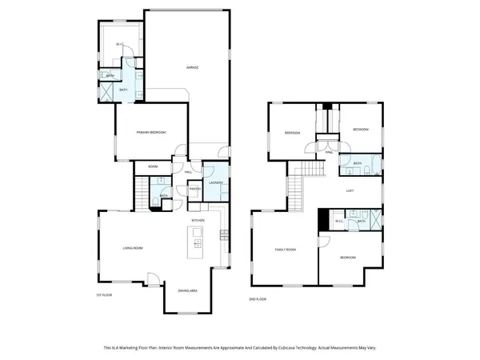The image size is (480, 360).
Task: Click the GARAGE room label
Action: pos(192,67)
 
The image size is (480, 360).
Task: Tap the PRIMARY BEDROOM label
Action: pos(150,132)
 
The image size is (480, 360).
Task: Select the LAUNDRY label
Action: pos(215,182)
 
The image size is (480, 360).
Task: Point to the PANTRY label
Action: pos(194,189)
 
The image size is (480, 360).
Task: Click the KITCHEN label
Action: pos(198,219)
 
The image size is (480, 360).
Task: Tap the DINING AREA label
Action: pos(189,290)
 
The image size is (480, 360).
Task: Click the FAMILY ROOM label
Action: pos(286,250)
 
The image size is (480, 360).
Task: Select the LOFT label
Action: pos(350,190)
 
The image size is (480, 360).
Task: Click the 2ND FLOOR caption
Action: pos(258,298)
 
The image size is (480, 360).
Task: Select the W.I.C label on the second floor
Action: pos(339,221)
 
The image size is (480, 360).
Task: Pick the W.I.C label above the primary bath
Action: pos(118,44)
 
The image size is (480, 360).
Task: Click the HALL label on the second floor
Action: pos(330,151)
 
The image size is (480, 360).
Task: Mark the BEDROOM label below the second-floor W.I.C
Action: pos(347,258)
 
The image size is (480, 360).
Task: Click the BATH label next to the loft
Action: pos(358,163)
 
